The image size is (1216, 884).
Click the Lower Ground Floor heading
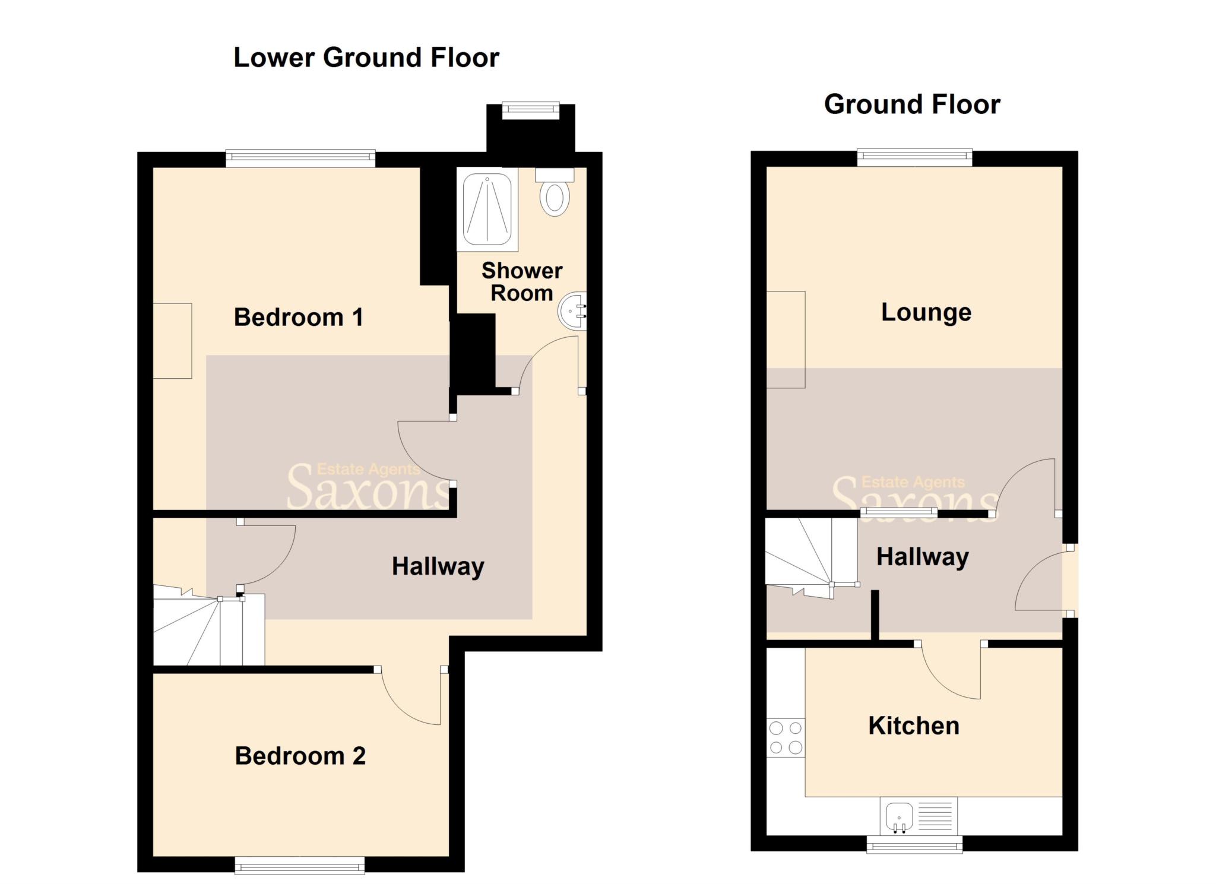(366, 58)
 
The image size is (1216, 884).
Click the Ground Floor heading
(911, 104)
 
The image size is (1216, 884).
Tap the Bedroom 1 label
(298, 317)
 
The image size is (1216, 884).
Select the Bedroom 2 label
(300, 756)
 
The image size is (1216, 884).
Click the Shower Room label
(521, 282)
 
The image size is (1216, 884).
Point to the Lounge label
(926, 312)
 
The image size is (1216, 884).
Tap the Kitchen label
(913, 725)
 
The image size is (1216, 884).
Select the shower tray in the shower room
(487, 209)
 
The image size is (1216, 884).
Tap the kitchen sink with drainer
(918, 816)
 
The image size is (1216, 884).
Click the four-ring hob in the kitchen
(786, 737)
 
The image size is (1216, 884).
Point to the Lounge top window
(914, 157)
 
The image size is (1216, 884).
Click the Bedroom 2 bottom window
(300, 866)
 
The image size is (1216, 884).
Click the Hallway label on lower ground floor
(438, 566)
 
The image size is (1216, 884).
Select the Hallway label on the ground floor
(922, 557)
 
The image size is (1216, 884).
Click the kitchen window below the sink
(914, 844)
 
